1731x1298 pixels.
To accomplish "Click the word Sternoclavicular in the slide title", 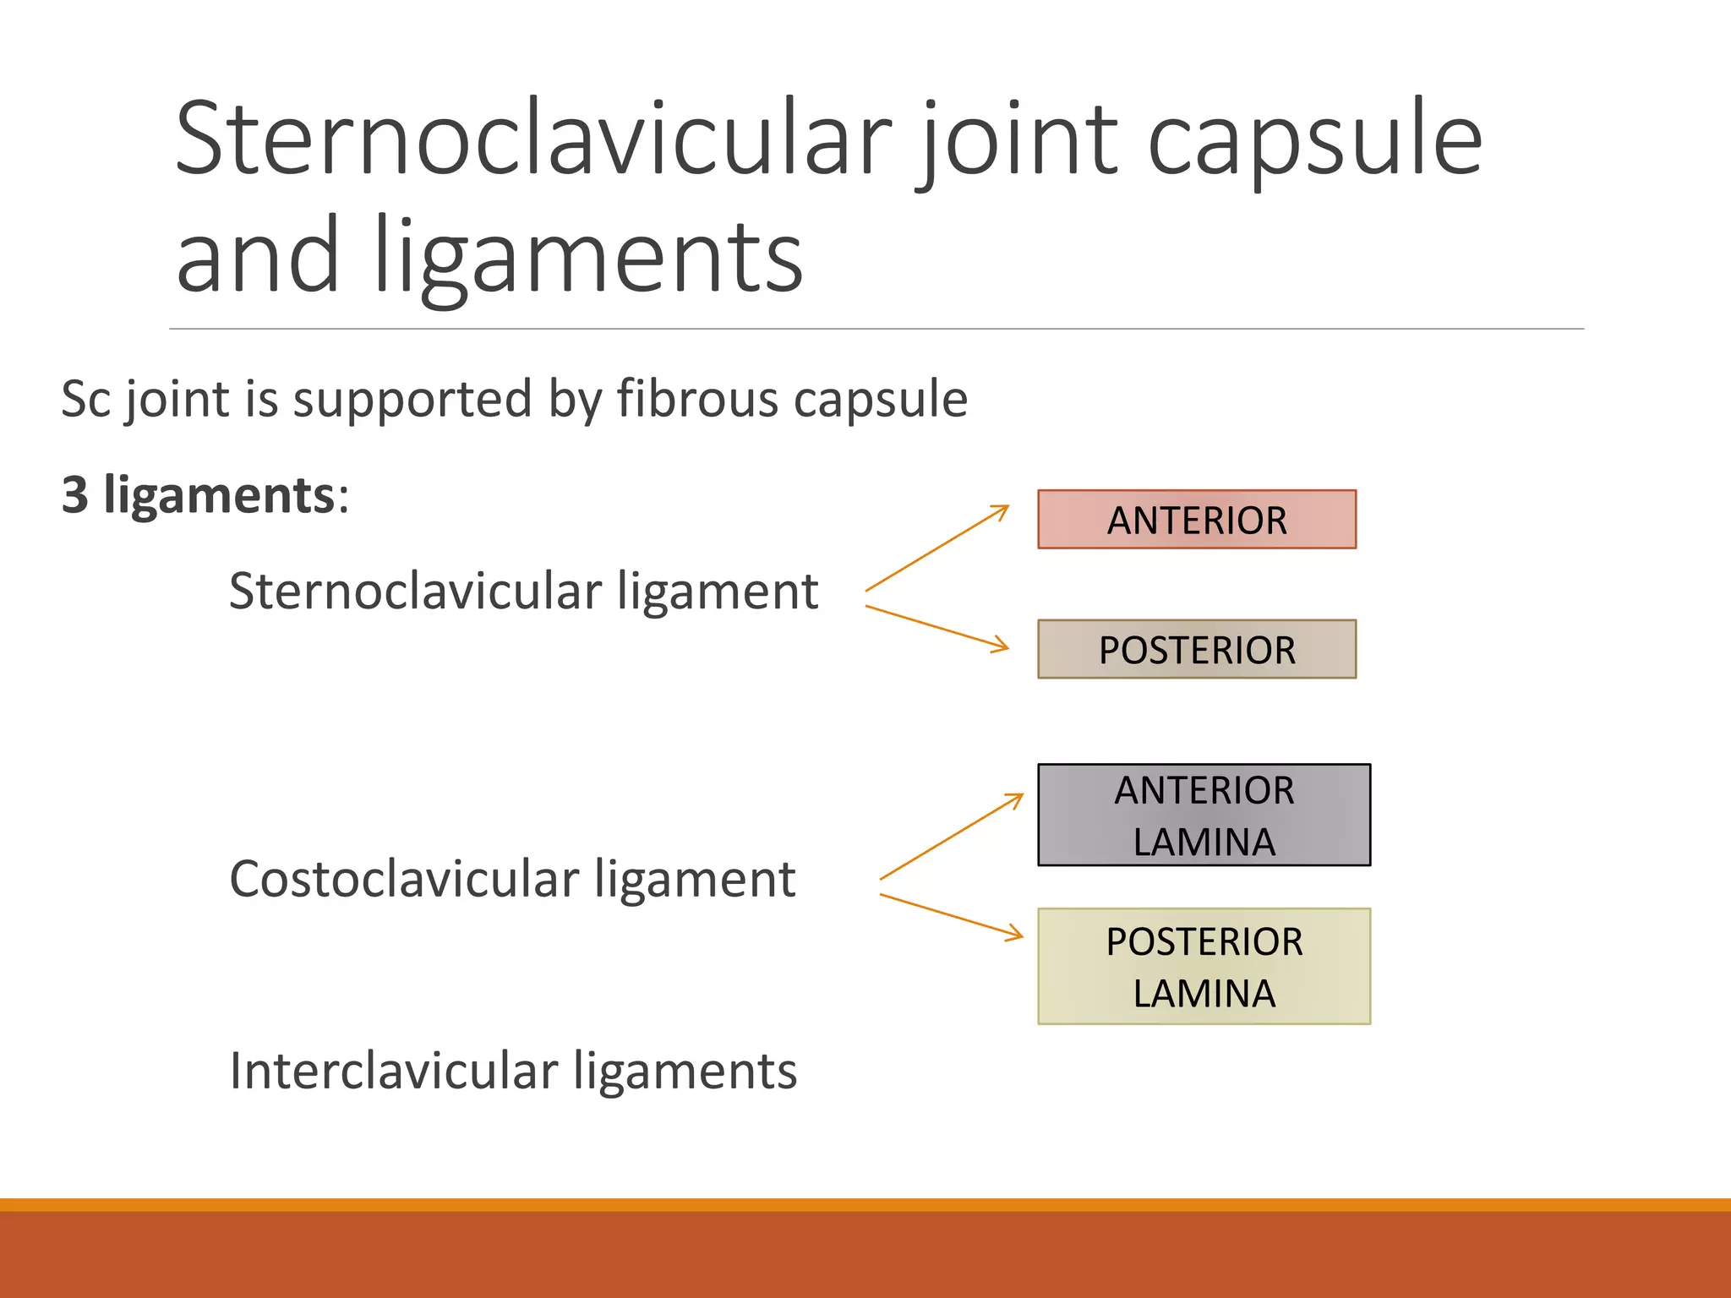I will pyautogui.click(x=532, y=139).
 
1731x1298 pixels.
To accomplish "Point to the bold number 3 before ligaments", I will pyautogui.click(x=75, y=495).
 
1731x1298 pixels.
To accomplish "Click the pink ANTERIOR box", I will pyautogui.click(x=1197, y=520).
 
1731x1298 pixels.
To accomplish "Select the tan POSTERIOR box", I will pyautogui.click(x=1197, y=649).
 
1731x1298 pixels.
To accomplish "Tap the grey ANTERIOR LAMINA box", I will pyautogui.click(x=1204, y=815).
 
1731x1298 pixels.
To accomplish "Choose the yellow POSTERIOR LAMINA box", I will pyautogui.click(x=1204, y=966).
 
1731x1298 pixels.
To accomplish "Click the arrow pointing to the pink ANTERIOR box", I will pyautogui.click(x=937, y=548).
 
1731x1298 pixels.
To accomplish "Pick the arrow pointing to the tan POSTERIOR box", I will pyautogui.click(x=937, y=627).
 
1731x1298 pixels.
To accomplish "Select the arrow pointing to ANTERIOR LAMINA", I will pyautogui.click(x=951, y=837).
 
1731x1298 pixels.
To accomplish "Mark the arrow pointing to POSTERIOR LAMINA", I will pyautogui.click(x=951, y=916).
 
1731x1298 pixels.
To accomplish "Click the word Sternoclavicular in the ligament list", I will pyautogui.click(x=414, y=591).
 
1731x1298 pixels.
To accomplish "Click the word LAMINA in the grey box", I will pyautogui.click(x=1204, y=842).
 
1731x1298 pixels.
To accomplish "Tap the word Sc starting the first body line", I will pyautogui.click(x=85, y=400).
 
